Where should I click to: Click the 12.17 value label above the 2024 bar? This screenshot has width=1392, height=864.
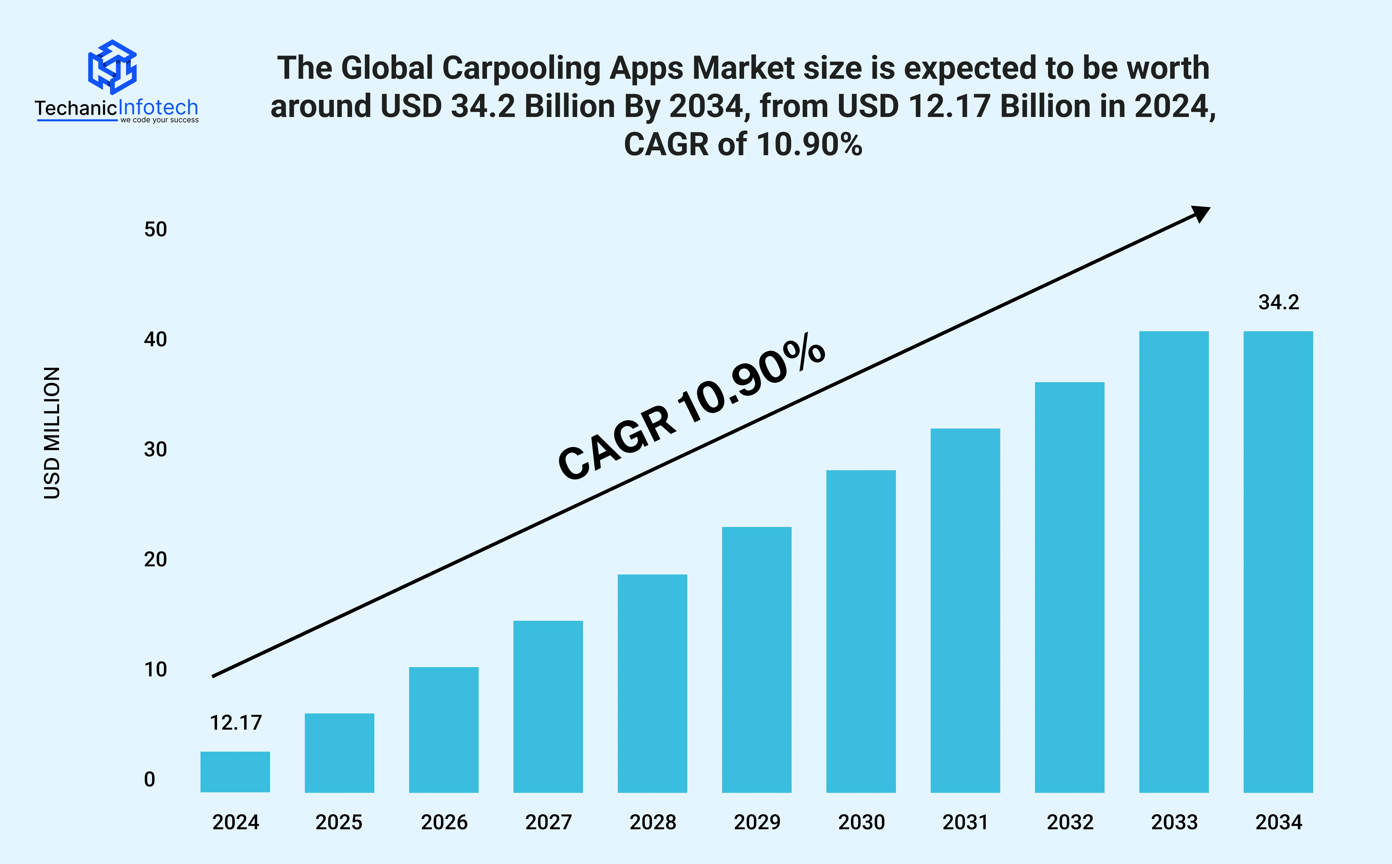coord(236,723)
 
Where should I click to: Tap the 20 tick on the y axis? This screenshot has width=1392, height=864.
coord(155,559)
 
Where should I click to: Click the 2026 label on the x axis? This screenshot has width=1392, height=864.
coord(444,822)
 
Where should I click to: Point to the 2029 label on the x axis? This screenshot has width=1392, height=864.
coord(757,822)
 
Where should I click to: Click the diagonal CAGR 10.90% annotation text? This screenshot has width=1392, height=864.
coord(692,407)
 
